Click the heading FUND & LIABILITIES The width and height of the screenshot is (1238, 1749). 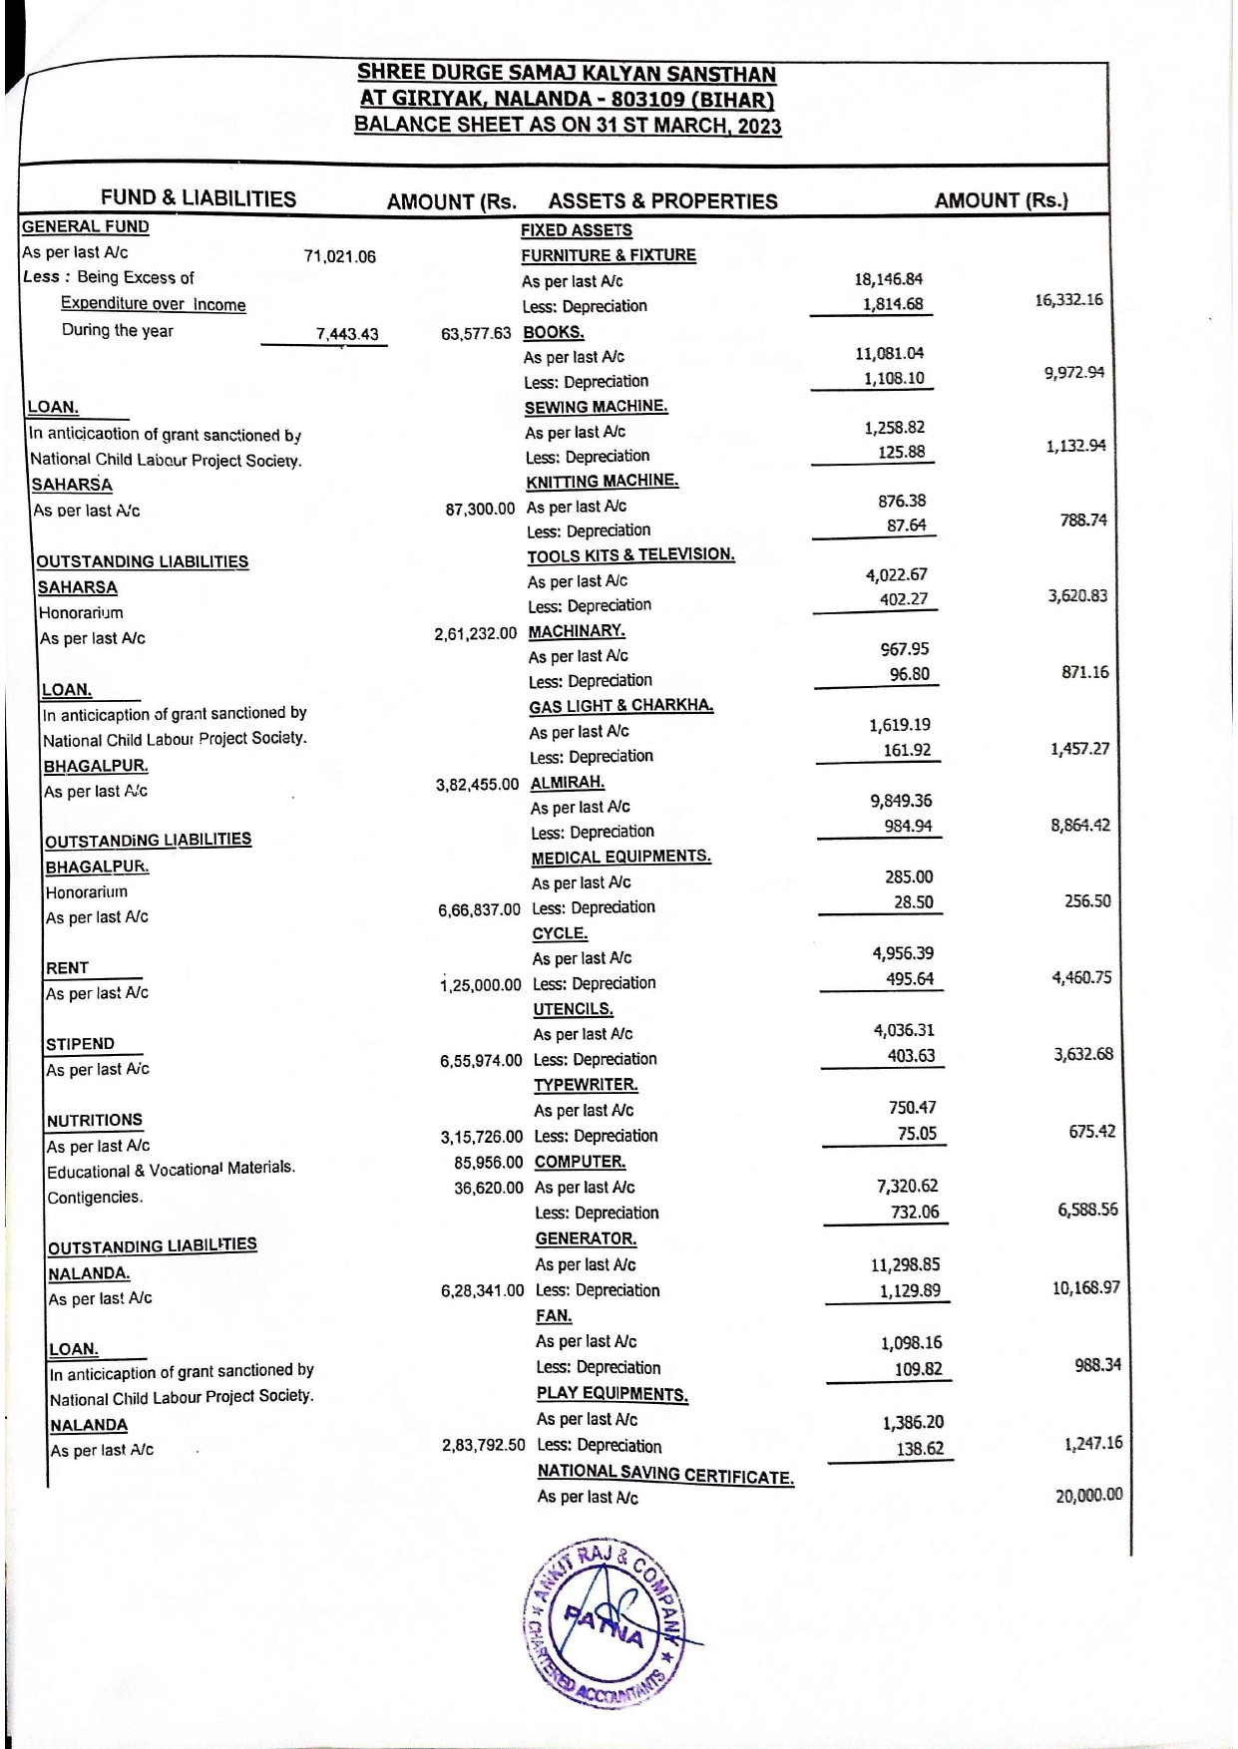click(198, 198)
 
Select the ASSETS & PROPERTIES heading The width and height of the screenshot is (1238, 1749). click(662, 201)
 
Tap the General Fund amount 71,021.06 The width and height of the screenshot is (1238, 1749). click(339, 256)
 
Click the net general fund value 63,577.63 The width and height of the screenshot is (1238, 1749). click(476, 333)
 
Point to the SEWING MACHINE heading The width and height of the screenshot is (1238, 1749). click(596, 407)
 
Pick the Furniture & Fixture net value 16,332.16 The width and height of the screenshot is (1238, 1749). click(1068, 300)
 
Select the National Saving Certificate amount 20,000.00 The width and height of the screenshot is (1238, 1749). click(1088, 1495)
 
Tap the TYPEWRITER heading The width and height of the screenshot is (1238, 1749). click(585, 1085)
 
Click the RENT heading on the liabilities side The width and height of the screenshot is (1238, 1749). click(67, 968)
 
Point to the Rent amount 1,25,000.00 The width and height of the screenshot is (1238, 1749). click(481, 985)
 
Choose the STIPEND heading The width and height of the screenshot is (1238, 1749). click(80, 1044)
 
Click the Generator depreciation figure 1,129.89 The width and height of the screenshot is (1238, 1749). click(909, 1291)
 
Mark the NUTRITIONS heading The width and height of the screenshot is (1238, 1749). click(95, 1121)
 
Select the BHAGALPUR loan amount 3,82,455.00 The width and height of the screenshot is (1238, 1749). click(477, 785)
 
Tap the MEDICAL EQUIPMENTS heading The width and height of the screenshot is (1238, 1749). click(620, 858)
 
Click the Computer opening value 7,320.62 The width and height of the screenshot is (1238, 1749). click(909, 1187)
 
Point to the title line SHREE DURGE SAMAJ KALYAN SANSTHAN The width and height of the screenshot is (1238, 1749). click(566, 74)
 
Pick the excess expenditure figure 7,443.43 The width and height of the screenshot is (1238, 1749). click(347, 334)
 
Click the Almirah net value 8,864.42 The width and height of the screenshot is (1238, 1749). click(1079, 826)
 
